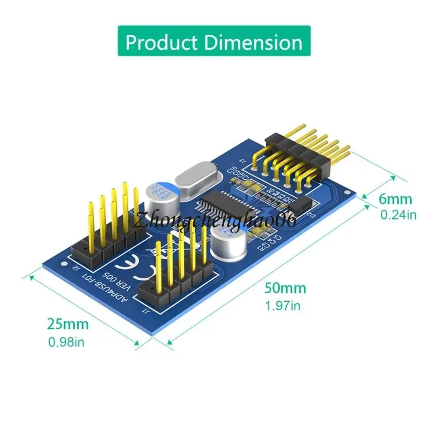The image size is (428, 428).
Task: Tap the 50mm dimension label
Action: [x=285, y=288]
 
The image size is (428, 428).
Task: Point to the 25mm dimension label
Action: [x=67, y=324]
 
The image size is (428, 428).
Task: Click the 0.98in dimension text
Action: [x=66, y=341]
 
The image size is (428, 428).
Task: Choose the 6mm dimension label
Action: [x=396, y=200]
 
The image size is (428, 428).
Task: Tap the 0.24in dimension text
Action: [x=398, y=215]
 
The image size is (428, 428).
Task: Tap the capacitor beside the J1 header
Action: [x=226, y=241]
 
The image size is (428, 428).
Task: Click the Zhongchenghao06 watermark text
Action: [x=215, y=220]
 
